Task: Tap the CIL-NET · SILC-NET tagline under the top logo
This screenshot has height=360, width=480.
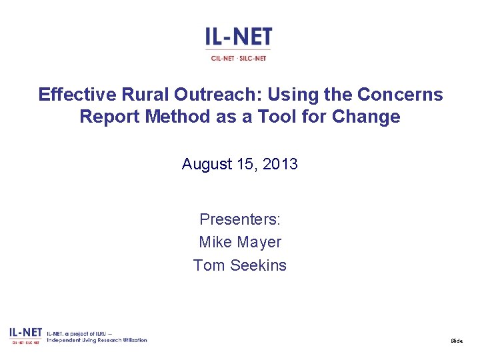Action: (x=239, y=58)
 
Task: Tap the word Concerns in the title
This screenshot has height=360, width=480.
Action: (x=405, y=95)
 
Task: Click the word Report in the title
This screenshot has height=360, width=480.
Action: (x=109, y=117)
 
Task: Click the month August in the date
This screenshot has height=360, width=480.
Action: (x=207, y=164)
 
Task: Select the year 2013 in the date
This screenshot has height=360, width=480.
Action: (x=280, y=164)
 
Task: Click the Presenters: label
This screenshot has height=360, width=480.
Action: (x=240, y=219)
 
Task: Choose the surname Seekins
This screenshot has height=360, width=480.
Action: (x=257, y=265)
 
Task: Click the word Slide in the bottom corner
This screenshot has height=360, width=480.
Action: (x=456, y=341)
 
